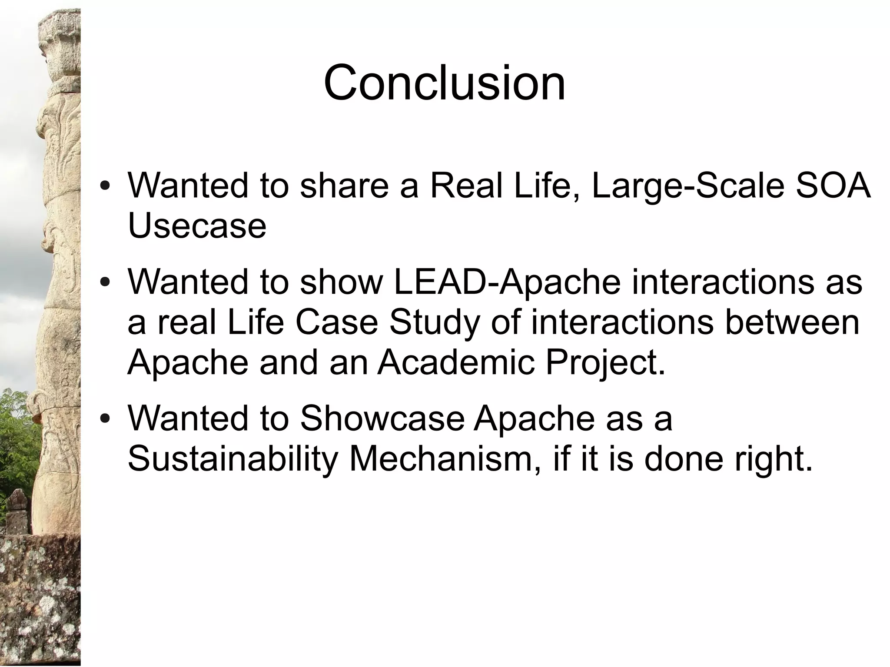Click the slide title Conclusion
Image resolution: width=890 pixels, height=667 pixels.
pos(444,83)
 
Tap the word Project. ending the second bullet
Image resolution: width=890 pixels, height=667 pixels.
pos(605,363)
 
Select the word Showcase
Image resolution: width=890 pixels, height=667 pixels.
pos(382,418)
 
